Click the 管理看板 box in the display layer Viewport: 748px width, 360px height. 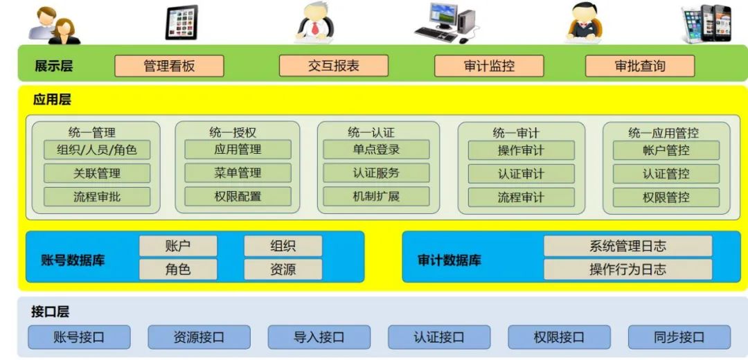point(169,66)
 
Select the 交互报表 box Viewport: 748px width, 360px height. point(334,66)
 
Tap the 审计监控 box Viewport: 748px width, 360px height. point(489,66)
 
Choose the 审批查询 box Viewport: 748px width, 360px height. point(640,66)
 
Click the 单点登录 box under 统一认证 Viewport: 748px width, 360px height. point(376,149)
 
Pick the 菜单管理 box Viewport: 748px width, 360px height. point(238,172)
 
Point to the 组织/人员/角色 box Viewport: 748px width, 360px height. point(96,150)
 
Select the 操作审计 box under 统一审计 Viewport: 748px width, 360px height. point(521,150)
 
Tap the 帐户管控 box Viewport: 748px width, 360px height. point(666,150)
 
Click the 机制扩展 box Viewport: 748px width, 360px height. point(376,196)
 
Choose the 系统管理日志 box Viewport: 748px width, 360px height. point(627,246)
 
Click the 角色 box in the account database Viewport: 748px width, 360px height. point(178,269)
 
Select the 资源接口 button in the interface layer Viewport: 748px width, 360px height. point(199,337)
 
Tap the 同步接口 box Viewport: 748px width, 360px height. point(679,337)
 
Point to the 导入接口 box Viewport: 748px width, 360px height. point(319,337)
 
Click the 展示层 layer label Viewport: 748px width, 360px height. point(53,66)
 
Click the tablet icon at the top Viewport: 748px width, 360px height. point(181,22)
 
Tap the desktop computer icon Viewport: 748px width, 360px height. point(444,22)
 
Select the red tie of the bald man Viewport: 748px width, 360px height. point(315,28)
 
